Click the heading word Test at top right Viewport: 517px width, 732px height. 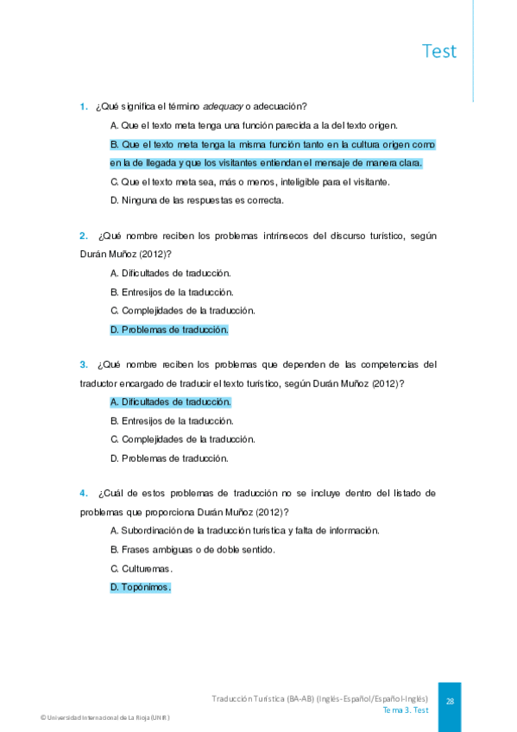pyautogui.click(x=439, y=51)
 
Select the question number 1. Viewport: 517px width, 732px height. pyautogui.click(x=84, y=107)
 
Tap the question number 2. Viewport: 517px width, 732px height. pyautogui.click(x=84, y=235)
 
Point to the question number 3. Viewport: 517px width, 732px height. pyautogui.click(x=84, y=364)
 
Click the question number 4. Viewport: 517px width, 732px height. pyautogui.click(x=84, y=493)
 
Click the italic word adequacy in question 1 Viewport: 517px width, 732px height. pyautogui.click(x=223, y=107)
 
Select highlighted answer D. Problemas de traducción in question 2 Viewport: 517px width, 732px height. pyautogui.click(x=169, y=330)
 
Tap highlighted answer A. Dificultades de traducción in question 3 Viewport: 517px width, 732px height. pyautogui.click(x=171, y=402)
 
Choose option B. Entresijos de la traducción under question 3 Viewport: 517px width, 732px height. pyautogui.click(x=172, y=421)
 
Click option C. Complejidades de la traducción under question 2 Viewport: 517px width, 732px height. pyautogui.click(x=183, y=311)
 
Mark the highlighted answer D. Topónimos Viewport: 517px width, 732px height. pyautogui.click(x=141, y=588)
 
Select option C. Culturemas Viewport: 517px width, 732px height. pyautogui.click(x=142, y=569)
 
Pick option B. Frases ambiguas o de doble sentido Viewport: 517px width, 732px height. pyautogui.click(x=192, y=550)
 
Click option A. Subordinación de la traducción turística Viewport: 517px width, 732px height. pyautogui.click(x=245, y=531)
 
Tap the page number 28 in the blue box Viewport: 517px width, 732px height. pyautogui.click(x=450, y=702)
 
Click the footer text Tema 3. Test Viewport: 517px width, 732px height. pyautogui.click(x=406, y=710)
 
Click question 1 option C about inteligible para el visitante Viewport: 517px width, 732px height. pyautogui.click(x=250, y=181)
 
